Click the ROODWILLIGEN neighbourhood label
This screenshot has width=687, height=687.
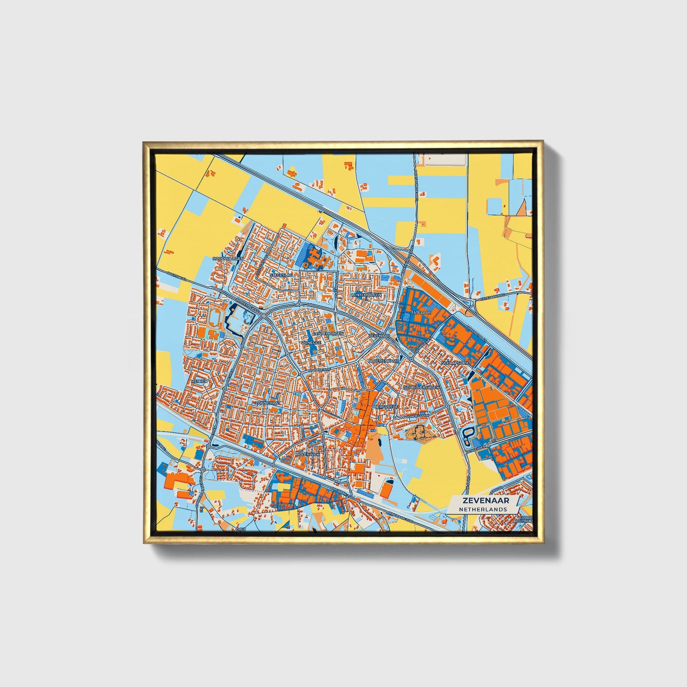point(228,258)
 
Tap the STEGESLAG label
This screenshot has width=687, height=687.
point(281,275)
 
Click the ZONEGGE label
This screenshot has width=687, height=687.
point(311,342)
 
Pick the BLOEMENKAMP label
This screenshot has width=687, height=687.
point(384,361)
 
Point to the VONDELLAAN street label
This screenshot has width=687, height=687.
point(417,416)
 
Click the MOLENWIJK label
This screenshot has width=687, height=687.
point(308,455)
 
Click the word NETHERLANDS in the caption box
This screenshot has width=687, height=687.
point(483,509)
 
